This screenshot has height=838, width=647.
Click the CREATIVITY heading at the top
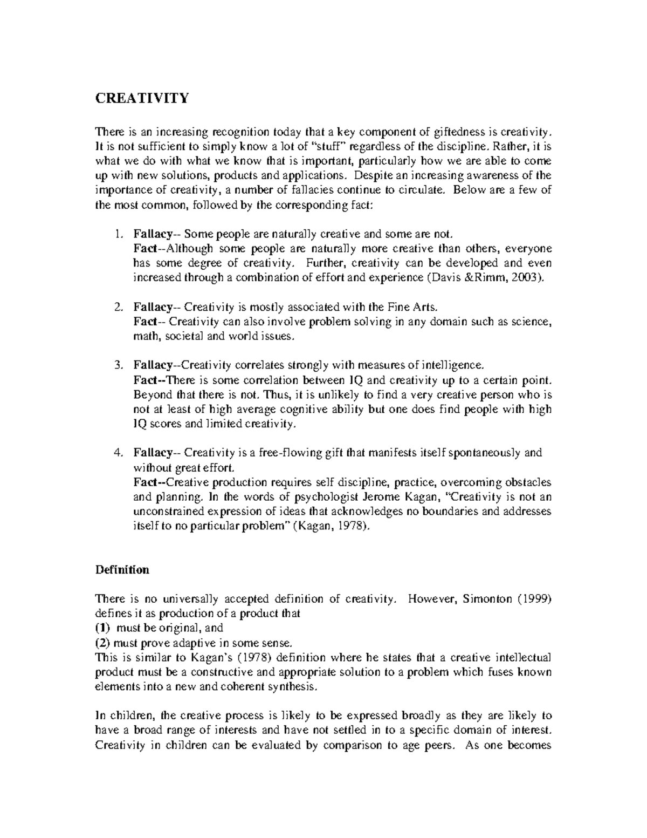pos(142,98)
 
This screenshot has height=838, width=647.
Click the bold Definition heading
pos(122,570)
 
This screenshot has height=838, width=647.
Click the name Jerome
pos(370,496)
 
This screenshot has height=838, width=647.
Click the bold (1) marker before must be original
pos(102,628)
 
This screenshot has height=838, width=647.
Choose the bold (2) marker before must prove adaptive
pos(102,643)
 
